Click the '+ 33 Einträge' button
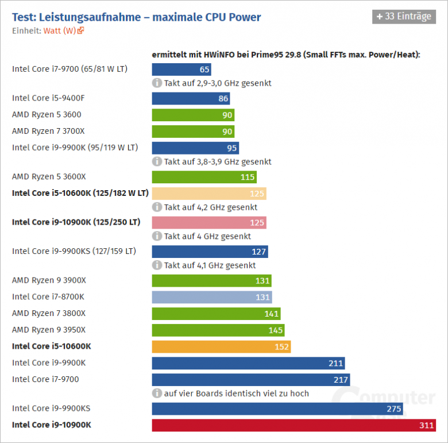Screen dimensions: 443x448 click(403, 17)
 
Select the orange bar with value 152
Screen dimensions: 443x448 click(221, 346)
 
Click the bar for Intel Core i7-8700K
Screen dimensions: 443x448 click(211, 297)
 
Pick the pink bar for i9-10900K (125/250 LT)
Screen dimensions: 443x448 click(208, 222)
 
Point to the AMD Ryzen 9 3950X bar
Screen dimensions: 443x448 click(218, 330)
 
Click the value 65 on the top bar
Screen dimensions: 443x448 click(204, 70)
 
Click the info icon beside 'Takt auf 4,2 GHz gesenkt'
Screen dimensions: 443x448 click(157, 207)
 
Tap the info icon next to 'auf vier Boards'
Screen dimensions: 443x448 click(157, 394)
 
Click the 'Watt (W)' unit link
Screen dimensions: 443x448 click(60, 30)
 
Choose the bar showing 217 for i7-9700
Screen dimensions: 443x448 click(251, 380)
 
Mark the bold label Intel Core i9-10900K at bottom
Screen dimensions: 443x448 click(52, 425)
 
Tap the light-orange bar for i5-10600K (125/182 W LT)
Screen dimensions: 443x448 click(208, 194)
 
